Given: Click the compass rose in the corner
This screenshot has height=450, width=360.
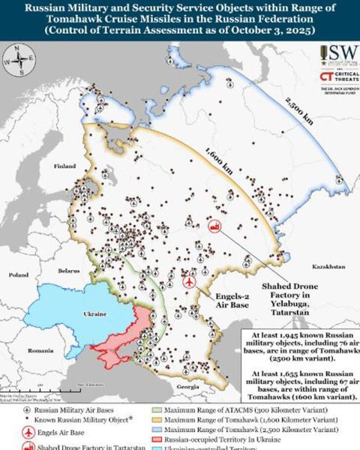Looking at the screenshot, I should [18, 59].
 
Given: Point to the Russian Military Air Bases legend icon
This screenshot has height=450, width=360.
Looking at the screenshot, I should [28, 411].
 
